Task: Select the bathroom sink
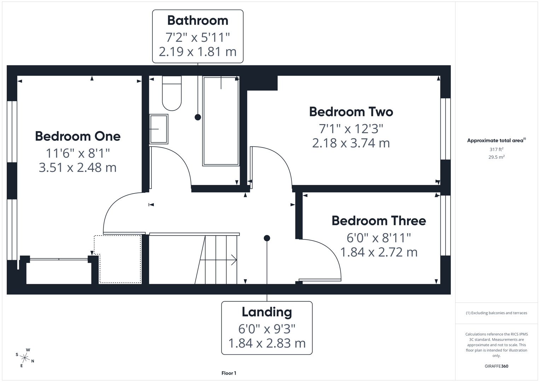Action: click(158, 129)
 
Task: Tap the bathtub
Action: click(221, 121)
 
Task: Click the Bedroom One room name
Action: click(78, 136)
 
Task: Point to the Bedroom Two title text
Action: click(351, 112)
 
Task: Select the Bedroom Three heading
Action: click(378, 221)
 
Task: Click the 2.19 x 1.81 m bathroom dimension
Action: click(197, 52)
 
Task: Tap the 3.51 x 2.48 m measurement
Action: click(77, 167)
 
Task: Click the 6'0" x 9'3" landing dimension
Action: click(267, 329)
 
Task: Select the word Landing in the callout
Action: click(267, 312)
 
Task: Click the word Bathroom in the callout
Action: click(197, 21)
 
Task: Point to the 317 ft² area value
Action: click(496, 150)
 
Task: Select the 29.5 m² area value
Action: click(496, 157)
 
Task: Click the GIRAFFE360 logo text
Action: click(496, 366)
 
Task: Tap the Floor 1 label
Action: click(229, 373)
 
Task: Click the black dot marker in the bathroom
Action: click(198, 117)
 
